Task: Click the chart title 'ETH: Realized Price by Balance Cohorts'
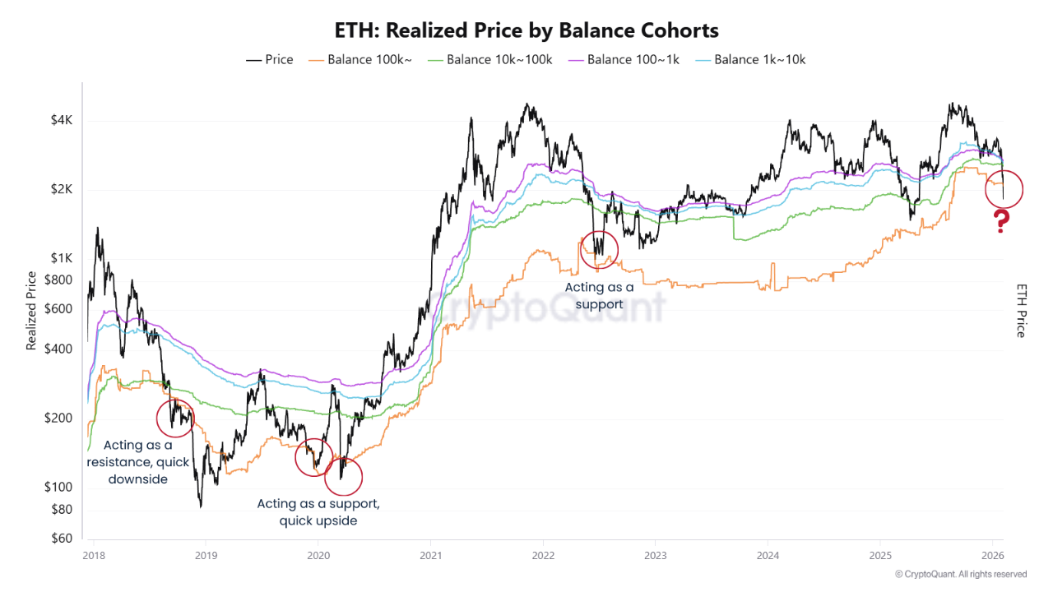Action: tap(526, 30)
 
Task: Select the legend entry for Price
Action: tap(270, 59)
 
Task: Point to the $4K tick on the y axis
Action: tap(61, 120)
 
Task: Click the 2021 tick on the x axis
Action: tap(430, 555)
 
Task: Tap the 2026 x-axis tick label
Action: tap(992, 555)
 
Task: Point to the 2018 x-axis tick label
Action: tap(93, 555)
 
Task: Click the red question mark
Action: tap(1001, 221)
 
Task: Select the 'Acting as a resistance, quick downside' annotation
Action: tap(138, 462)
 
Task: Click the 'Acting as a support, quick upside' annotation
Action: tap(318, 511)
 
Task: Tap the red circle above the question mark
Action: tap(1003, 189)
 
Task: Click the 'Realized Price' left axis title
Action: tap(32, 311)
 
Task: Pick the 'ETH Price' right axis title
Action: tap(1021, 311)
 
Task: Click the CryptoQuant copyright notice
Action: tap(960, 574)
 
